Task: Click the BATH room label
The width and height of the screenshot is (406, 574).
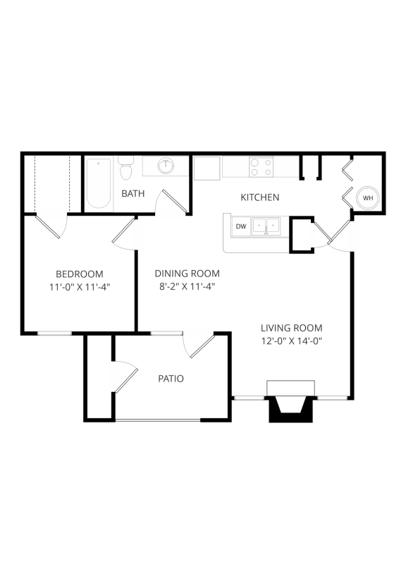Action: tap(133, 193)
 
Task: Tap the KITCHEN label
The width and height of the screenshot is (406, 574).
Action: tap(260, 197)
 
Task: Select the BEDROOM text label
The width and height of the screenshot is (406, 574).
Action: tap(80, 274)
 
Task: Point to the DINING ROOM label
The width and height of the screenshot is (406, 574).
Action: tap(187, 274)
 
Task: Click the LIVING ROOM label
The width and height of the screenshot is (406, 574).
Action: tap(291, 328)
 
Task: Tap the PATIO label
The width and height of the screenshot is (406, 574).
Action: tap(171, 379)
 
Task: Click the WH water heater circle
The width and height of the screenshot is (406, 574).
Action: tap(368, 198)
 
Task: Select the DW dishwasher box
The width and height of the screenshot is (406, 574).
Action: tap(241, 226)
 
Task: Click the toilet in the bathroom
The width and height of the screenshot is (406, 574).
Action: tap(126, 169)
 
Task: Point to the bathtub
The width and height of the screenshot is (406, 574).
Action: tap(99, 183)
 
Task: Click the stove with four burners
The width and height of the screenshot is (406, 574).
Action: tap(262, 166)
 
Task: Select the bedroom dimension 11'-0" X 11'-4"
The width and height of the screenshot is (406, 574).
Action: tap(80, 286)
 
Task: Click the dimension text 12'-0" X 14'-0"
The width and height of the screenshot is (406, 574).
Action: tap(291, 341)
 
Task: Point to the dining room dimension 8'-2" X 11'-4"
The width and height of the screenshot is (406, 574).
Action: tap(187, 286)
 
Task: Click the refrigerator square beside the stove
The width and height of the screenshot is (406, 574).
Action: tap(208, 167)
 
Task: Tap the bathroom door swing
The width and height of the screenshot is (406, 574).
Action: tap(173, 201)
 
